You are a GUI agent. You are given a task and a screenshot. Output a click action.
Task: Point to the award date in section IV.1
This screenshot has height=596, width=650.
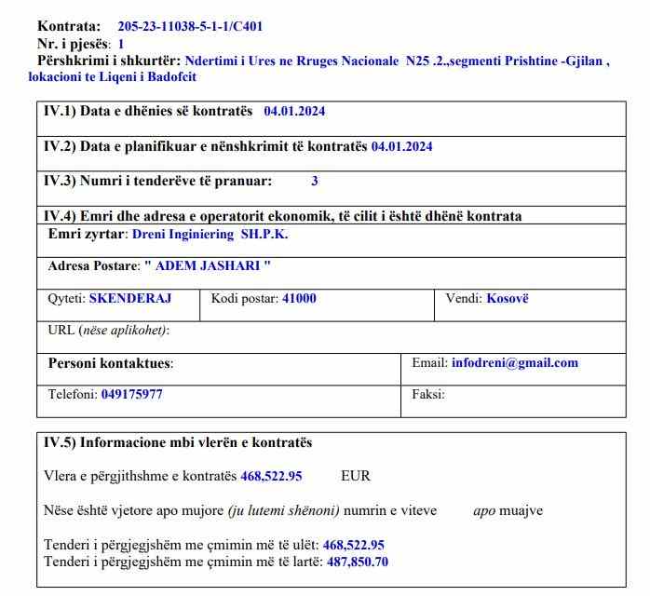pos(294,111)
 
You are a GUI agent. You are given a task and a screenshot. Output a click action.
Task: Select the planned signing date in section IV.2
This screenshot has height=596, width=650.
pos(401,146)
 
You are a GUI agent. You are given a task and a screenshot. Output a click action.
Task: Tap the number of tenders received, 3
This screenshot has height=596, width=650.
pos(315,182)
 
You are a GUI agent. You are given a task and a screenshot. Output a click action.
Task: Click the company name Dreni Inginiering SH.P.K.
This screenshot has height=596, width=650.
pos(210,234)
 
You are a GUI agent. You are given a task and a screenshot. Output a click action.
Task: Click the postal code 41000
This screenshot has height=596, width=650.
pos(299,299)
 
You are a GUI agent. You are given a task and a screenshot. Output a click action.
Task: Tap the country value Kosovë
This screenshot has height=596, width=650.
pos(508,299)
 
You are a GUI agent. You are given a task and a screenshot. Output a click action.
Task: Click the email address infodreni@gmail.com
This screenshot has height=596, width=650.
pos(514,363)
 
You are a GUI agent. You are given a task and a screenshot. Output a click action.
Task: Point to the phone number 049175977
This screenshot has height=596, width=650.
pos(131,394)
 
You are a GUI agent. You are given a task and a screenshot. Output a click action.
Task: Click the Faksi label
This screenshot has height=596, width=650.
pos(428,394)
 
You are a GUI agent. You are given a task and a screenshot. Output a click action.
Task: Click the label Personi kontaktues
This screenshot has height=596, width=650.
pos(111,363)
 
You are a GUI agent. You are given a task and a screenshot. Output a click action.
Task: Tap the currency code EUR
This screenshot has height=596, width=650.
pos(356,476)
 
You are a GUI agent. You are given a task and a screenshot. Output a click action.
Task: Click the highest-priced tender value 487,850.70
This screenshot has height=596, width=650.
pos(358,562)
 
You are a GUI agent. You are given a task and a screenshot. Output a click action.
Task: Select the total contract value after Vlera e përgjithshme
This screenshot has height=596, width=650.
pos(271,476)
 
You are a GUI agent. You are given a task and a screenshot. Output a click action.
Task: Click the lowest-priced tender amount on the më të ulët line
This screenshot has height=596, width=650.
pos(354,545)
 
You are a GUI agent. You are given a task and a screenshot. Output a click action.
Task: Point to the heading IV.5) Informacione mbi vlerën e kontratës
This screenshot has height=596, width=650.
pos(178,442)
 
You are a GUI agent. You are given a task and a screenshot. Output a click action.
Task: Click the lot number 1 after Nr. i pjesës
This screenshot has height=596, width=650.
pos(121,44)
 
